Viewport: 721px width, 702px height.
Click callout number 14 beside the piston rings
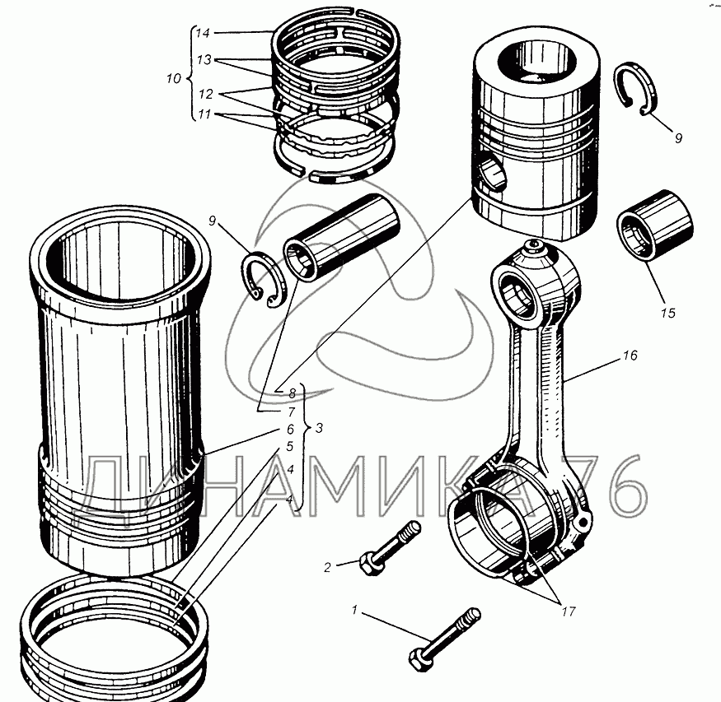[x=204, y=34]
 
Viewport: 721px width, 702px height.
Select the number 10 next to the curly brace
[x=173, y=79]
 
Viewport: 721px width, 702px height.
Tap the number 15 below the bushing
[x=667, y=313]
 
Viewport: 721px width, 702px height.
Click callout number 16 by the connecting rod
[x=630, y=356]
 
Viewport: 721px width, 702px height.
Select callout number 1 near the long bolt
[x=355, y=610]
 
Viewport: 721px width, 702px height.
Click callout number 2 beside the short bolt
[x=327, y=566]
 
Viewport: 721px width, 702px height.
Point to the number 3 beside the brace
[x=319, y=428]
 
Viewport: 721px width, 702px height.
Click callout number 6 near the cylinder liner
[x=290, y=429]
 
